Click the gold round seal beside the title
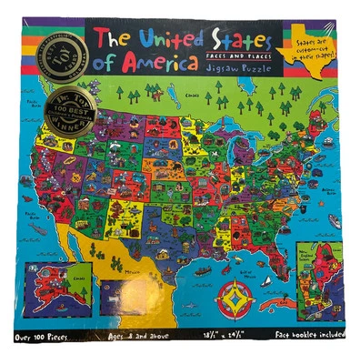click(x=66, y=60)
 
